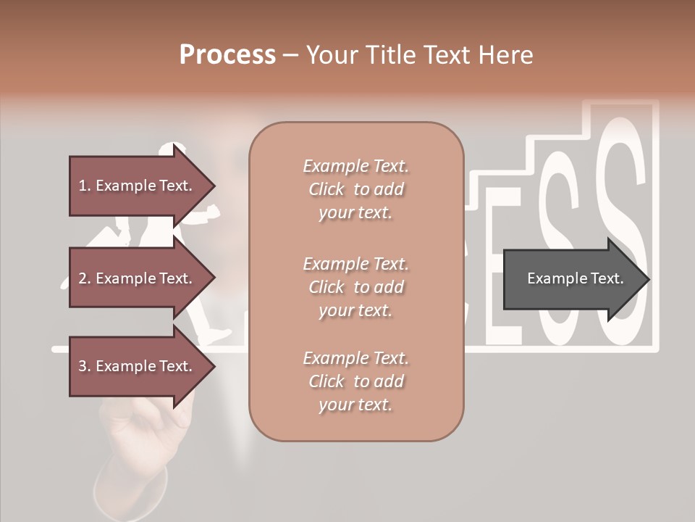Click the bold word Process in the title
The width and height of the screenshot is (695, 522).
(227, 54)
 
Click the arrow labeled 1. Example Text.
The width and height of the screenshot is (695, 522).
(138, 186)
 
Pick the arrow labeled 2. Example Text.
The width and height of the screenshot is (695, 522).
(138, 278)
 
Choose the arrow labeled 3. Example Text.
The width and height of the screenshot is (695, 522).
(138, 366)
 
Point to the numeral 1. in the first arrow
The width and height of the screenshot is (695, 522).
(85, 186)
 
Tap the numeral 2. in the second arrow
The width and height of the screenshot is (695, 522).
(85, 278)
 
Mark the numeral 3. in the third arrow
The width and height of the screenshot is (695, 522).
(85, 366)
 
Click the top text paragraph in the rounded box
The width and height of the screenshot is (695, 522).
(355, 189)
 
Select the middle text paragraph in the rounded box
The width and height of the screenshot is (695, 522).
(355, 286)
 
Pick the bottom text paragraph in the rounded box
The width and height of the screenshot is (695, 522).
(355, 381)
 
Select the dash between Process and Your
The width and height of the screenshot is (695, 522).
(290, 55)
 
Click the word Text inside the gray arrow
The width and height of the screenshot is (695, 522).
(605, 278)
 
